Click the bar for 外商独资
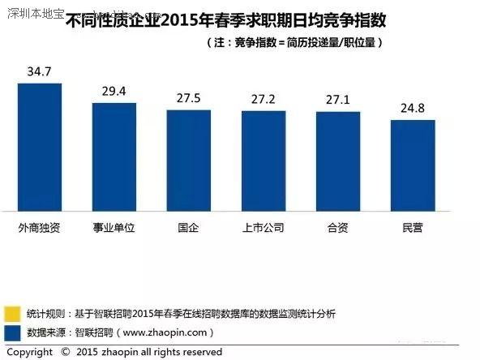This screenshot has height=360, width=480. tap(40, 147)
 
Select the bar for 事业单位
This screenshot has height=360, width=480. tap(114, 157)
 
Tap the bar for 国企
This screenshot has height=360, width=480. tap(189, 161)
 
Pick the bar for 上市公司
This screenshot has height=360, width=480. tap(264, 161)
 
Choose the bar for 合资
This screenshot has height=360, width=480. tap(338, 161)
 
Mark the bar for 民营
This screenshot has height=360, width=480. tap(413, 166)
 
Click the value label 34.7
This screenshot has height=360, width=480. tap(39, 72)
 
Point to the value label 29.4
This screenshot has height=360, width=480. tap(114, 92)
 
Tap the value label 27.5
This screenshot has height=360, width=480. tap(188, 99)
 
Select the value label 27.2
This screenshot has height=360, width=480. tap(263, 100)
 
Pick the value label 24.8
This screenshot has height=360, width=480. tap(413, 109)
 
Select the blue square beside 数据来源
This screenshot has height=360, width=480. tap(12, 332)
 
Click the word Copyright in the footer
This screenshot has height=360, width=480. tap(29, 352)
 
